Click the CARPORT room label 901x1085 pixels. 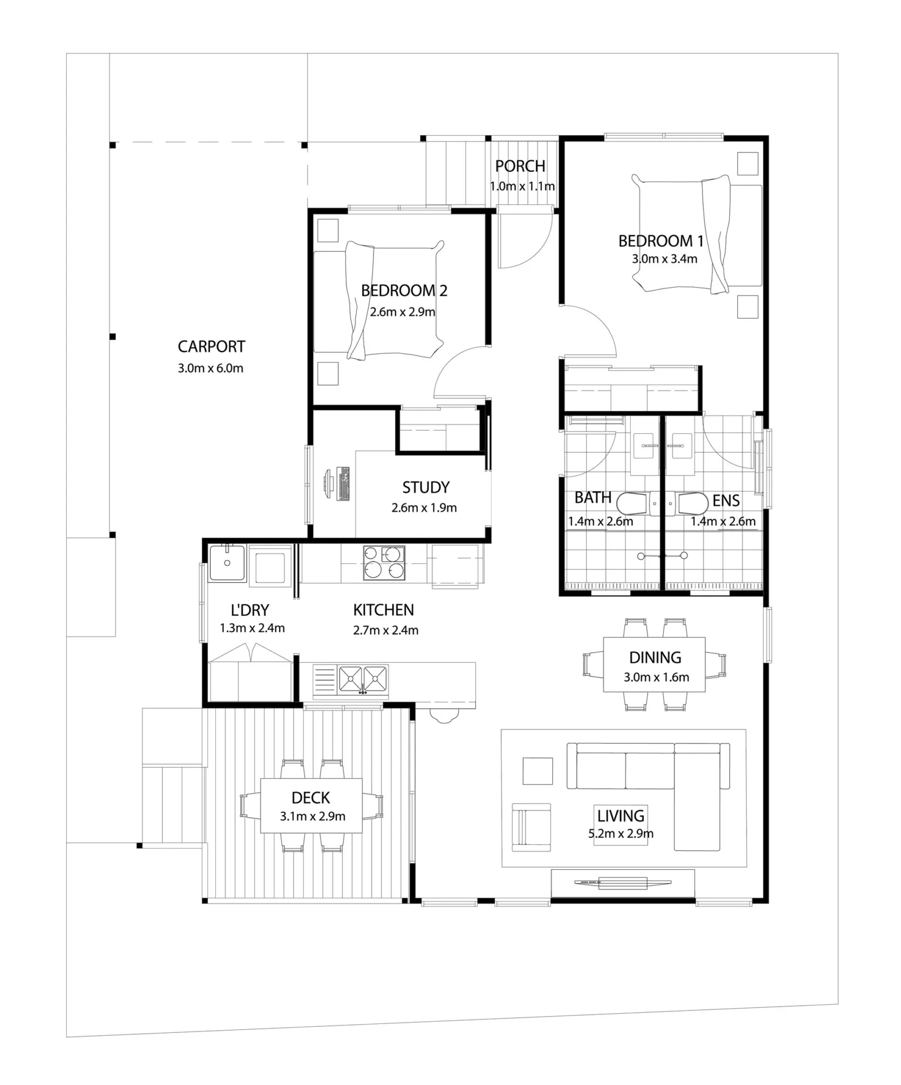tap(211, 346)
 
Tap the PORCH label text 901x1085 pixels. tap(520, 166)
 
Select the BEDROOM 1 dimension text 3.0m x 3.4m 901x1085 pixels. tap(664, 259)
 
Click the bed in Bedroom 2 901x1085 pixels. tap(379, 300)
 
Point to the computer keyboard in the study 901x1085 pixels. tap(343, 484)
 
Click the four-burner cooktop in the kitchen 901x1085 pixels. tap(384, 563)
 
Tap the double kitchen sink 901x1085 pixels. tap(363, 679)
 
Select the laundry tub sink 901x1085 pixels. tap(227, 563)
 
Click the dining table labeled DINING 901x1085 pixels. tap(655, 665)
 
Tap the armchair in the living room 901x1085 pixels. tap(531, 827)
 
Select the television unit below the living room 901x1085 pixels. tap(623, 883)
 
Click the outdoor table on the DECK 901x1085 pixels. tap(311, 806)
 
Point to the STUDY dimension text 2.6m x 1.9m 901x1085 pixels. tap(424, 508)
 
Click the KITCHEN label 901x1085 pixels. tap(384, 610)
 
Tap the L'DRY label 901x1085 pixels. tap(250, 610)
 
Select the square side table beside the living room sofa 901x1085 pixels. tap(538, 771)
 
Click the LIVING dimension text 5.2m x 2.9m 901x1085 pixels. tap(621, 834)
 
